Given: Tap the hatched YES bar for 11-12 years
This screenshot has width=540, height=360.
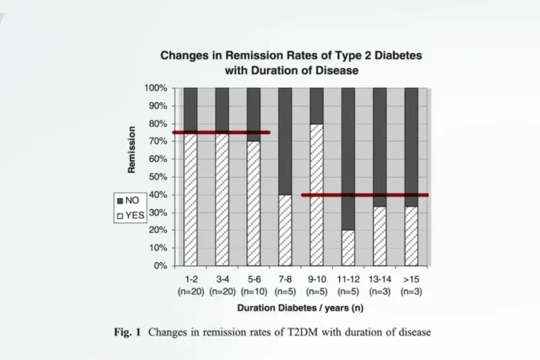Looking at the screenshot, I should [348, 248].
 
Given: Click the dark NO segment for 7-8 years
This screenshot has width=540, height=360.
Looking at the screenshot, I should [285, 142].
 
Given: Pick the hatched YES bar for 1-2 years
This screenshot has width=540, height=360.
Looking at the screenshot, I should [191, 203].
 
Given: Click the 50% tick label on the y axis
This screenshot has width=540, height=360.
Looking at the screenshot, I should [158, 177].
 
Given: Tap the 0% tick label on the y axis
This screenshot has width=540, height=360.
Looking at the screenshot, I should [161, 265].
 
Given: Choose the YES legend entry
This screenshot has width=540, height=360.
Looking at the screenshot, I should [131, 215].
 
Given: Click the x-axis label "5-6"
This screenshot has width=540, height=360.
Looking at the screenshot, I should [253, 278].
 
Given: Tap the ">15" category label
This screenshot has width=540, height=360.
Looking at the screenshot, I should [410, 278].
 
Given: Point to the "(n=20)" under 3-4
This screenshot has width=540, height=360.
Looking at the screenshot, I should [222, 291].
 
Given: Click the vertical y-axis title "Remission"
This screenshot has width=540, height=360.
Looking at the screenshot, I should [132, 149].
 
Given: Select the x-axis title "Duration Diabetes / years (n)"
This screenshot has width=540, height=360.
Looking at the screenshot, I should [300, 308].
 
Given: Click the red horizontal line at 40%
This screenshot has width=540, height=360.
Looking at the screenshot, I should [364, 195].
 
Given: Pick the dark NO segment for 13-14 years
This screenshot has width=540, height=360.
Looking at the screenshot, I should [379, 145].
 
